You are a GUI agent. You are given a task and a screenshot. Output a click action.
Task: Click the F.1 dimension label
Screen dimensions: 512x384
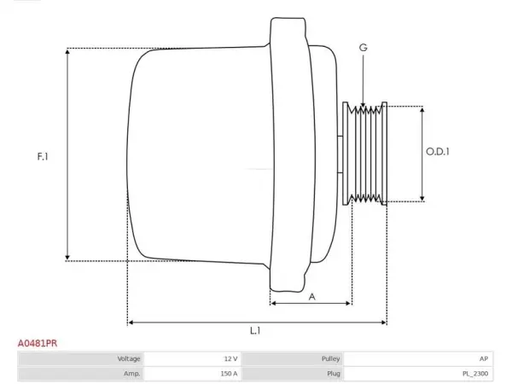point(43,156)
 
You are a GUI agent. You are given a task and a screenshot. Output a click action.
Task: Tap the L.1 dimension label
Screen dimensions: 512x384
point(255,331)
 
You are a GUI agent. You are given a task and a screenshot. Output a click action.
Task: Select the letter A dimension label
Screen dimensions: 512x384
point(312,297)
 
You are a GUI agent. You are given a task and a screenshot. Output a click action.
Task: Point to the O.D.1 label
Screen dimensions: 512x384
point(438,152)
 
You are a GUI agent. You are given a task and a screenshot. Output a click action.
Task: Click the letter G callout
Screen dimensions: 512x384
point(364,48)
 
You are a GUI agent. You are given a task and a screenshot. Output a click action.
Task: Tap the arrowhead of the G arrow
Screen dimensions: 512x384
point(364,104)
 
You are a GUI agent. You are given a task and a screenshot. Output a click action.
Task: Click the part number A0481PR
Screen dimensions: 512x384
point(38,344)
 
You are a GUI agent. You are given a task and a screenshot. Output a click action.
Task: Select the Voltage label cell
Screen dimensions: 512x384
point(81,359)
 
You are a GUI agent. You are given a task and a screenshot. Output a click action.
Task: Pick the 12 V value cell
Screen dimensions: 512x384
point(193,359)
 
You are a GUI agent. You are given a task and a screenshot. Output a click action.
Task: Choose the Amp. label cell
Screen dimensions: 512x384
point(81,374)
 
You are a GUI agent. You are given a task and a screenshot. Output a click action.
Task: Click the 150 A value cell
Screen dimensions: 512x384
point(193,374)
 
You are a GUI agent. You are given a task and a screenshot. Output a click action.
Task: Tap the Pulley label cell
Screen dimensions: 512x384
point(293,359)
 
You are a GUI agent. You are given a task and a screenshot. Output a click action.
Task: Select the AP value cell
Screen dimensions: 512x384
point(419,359)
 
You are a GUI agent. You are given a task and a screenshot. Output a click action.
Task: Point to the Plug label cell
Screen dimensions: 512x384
point(293,374)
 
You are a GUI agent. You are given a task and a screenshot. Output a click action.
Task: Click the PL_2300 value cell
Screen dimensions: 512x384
point(419,374)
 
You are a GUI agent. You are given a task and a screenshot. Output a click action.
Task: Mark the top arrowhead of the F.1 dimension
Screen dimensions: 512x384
point(67,51)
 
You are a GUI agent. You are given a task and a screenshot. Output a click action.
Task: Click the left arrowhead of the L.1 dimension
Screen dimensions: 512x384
point(131,323)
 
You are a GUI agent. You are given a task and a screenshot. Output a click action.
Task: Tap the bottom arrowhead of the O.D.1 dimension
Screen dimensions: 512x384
point(422,198)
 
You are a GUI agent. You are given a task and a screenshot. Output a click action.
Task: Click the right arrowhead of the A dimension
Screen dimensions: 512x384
point(348,303)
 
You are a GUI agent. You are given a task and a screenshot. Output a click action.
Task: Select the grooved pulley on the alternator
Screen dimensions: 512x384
point(365,154)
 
